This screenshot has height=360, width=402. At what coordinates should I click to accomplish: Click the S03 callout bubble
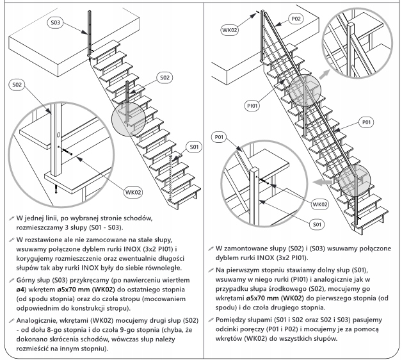56,22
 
